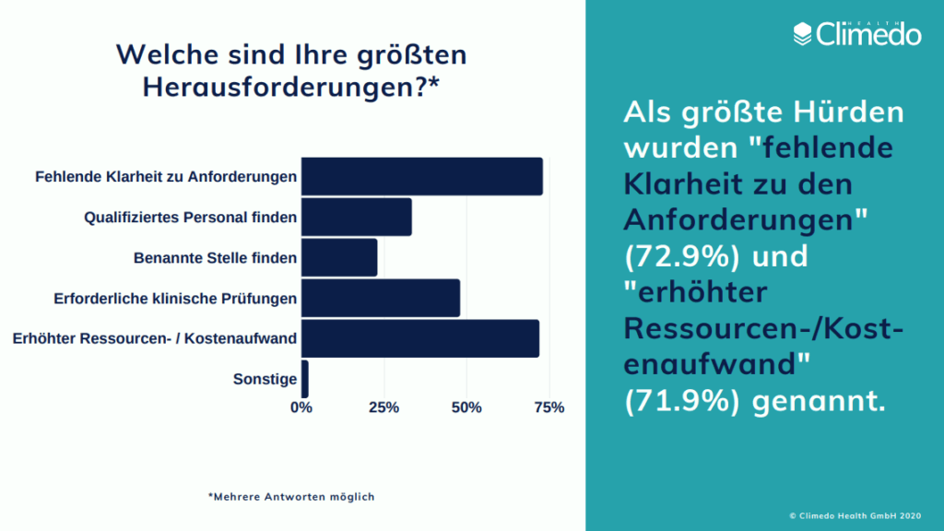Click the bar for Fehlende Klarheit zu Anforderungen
tap(422, 176)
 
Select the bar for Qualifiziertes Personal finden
tap(357, 218)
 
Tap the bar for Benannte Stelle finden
tap(339, 257)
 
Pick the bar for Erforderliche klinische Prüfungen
tap(381, 298)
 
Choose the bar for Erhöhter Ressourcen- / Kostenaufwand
tap(420, 338)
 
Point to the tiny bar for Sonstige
tap(305, 379)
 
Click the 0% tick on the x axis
tap(301, 407)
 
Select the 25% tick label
tap(383, 407)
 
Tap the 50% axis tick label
tap(466, 407)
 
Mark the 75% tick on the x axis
tap(549, 407)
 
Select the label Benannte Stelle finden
tap(216, 258)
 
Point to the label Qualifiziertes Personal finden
tap(191, 218)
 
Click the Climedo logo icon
tap(803, 34)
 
